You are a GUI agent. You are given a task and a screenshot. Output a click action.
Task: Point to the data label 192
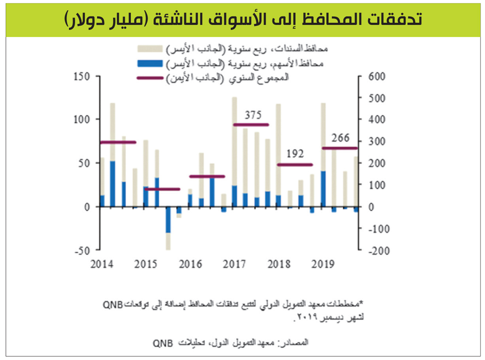(x=294, y=154)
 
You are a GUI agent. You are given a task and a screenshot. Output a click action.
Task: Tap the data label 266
(x=340, y=137)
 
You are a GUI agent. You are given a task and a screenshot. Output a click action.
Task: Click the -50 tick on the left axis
(x=82, y=251)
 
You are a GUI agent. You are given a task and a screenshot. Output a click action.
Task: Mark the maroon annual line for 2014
(x=118, y=142)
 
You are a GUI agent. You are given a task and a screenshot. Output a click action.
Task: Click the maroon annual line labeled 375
(x=251, y=125)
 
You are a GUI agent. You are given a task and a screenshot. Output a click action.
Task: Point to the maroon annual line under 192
(x=295, y=165)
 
